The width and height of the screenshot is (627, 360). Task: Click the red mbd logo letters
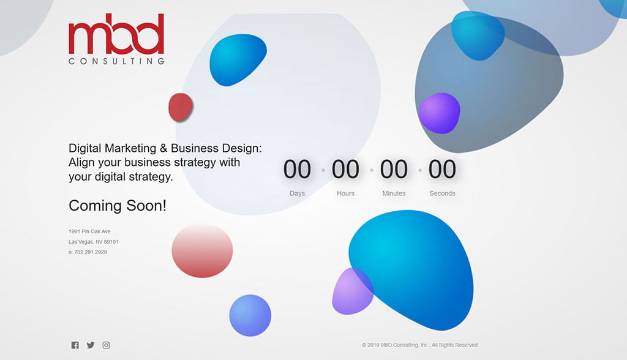click(x=116, y=34)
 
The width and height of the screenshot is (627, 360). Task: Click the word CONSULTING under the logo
click(x=116, y=61)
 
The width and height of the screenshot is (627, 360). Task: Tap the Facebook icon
click(x=75, y=345)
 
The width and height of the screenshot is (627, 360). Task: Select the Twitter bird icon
click(x=91, y=345)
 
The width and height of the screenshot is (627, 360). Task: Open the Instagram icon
click(x=106, y=345)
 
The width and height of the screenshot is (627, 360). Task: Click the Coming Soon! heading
click(x=117, y=206)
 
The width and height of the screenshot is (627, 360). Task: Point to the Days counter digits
click(x=297, y=169)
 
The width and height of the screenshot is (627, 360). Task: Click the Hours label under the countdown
click(x=345, y=193)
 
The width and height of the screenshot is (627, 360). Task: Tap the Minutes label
click(x=394, y=193)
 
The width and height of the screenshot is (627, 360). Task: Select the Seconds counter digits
click(x=442, y=169)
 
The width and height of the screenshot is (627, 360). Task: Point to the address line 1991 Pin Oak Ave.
click(x=90, y=231)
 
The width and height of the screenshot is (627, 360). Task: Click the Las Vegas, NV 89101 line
click(x=93, y=242)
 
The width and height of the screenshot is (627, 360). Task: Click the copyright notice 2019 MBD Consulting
click(x=419, y=345)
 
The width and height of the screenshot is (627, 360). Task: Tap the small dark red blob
click(x=181, y=107)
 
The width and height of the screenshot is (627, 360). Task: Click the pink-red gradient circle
click(x=202, y=251)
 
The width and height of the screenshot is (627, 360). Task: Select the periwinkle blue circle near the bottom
click(x=250, y=315)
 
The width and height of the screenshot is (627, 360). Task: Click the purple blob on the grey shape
click(x=439, y=113)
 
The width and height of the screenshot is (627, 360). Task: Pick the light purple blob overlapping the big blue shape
click(x=352, y=291)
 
